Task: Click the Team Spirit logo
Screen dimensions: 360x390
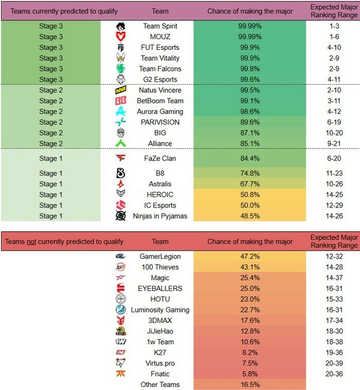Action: coord(121,26)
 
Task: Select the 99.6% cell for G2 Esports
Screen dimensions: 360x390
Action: coord(250,79)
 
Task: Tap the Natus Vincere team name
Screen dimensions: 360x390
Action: coord(160,90)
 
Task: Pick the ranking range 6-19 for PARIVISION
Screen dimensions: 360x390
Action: coord(334,122)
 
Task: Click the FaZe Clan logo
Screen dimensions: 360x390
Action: coord(121,158)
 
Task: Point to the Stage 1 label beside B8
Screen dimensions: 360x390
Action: coord(50,173)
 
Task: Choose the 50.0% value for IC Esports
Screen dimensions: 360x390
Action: coord(250,205)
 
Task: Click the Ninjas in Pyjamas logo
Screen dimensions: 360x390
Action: coord(121,216)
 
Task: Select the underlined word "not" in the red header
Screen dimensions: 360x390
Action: coord(31,241)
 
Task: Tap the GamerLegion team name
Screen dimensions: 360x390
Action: coord(160,257)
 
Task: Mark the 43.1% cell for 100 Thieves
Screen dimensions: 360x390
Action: coord(250,267)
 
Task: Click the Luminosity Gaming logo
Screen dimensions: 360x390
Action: coord(121,310)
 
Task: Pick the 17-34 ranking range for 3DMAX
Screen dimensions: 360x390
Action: coord(334,320)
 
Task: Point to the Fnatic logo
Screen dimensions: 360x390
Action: coord(121,374)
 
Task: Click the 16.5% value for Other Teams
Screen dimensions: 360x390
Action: coord(250,385)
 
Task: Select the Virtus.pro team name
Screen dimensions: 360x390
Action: coord(160,363)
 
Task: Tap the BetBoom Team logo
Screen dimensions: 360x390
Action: coord(121,101)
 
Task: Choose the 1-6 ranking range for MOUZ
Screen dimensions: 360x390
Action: coord(334,37)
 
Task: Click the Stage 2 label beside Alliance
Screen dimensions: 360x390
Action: coord(50,143)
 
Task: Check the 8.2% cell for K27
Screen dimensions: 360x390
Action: coord(250,352)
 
